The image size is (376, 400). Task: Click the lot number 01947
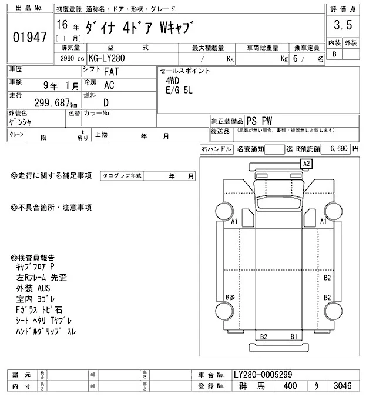tap(29, 38)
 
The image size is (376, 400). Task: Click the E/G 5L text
tap(178, 92)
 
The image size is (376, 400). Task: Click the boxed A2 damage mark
tap(306, 163)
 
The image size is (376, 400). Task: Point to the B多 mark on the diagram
tap(230, 298)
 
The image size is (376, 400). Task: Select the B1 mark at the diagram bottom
tap(293, 336)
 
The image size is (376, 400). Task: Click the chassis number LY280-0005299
tap(262, 374)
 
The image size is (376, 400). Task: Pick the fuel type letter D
tap(106, 101)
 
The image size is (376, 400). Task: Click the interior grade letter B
tap(335, 54)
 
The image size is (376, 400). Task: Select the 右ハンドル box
tap(216, 149)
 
